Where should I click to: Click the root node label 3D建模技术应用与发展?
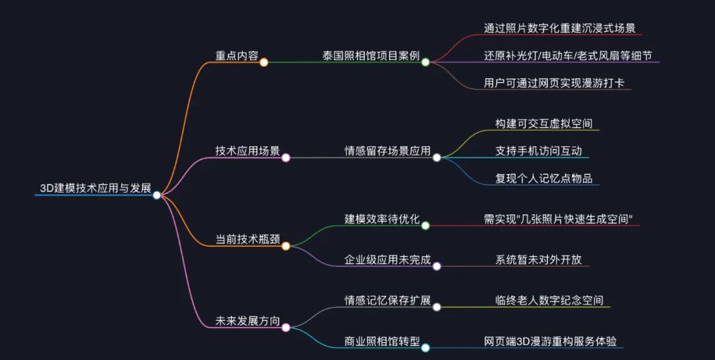coord(95,189)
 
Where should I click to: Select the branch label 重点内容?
coord(237,56)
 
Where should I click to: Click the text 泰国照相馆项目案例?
coord(371,56)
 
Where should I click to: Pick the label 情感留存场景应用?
coord(387,151)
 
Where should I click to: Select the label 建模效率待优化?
coord(382,219)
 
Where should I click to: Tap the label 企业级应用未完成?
coord(387,260)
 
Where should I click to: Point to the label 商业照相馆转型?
coord(382,342)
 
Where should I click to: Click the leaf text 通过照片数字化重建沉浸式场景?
coord(559,28)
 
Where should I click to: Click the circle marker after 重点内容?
coord(263,62)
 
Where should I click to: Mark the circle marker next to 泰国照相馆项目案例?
coord(426,62)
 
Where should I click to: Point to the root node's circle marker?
coord(157,195)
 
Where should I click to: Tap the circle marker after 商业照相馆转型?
coord(426,347)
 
